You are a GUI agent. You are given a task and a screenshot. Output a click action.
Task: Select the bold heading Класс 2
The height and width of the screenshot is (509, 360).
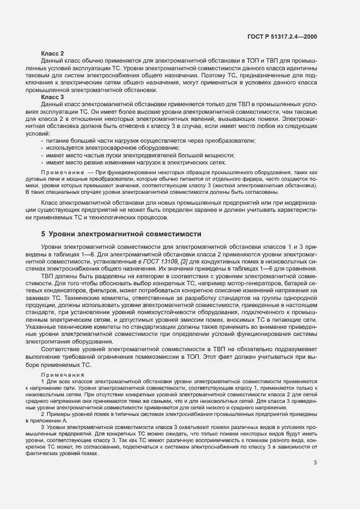tap(53, 53)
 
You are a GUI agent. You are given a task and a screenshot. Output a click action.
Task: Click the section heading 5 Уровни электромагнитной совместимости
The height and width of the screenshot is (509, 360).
tap(121, 234)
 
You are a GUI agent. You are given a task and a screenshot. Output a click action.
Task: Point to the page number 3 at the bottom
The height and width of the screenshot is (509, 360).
tap(315, 463)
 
